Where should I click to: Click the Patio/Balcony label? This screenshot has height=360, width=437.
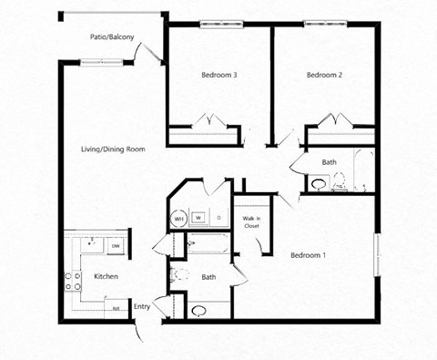tap(114, 37)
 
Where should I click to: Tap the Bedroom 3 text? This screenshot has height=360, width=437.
tap(219, 75)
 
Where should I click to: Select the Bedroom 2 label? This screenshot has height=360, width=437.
tap(324, 75)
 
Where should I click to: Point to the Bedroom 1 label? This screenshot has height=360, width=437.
tap(308, 255)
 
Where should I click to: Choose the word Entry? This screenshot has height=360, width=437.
tap(142, 307)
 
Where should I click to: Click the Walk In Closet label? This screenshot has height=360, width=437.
tap(252, 221)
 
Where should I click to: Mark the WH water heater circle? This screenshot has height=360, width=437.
tap(178, 219)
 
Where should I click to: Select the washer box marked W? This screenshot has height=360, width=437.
tap(198, 218)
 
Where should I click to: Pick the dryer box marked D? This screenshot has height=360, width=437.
tap(218, 218)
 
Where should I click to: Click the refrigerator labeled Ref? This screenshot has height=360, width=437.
tap(117, 308)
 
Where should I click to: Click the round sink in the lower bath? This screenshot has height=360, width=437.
tap(199, 310)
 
